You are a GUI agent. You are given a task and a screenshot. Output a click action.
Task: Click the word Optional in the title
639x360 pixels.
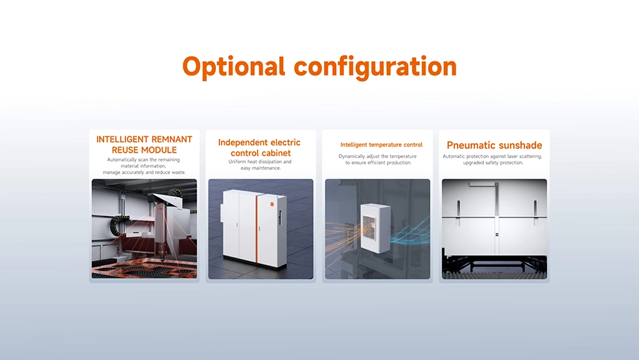[233, 67]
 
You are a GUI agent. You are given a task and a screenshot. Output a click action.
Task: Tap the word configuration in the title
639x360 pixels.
[375, 67]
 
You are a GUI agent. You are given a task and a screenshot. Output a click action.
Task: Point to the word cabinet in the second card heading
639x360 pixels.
[276, 153]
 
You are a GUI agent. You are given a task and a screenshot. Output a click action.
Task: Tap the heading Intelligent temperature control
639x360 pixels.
[381, 145]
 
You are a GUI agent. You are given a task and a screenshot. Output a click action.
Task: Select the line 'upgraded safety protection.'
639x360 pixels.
[493, 162]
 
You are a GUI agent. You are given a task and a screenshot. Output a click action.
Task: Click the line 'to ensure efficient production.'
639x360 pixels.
[378, 162]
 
